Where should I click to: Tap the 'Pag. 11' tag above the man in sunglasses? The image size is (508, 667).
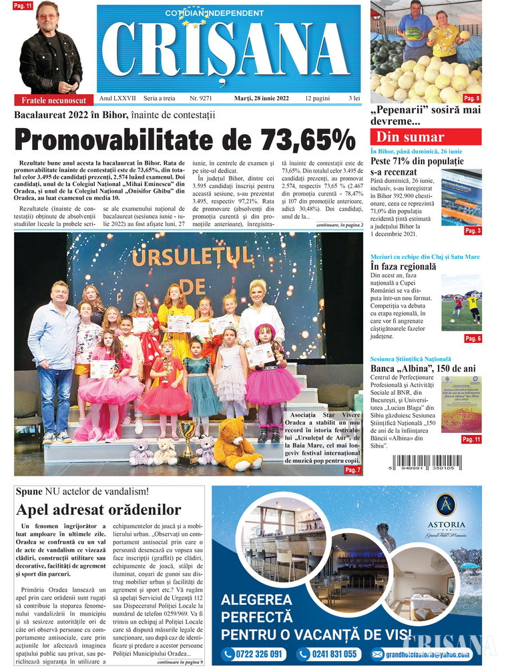[x=23, y=5]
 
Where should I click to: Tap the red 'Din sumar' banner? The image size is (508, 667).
[x=425, y=137]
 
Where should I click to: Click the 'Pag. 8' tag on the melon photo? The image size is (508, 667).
[x=472, y=99]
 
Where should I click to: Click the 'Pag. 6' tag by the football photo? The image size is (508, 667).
[x=473, y=339]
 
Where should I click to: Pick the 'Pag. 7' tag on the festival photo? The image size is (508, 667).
[x=353, y=470]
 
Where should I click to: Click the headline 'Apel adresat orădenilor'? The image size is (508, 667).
[x=99, y=510]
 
